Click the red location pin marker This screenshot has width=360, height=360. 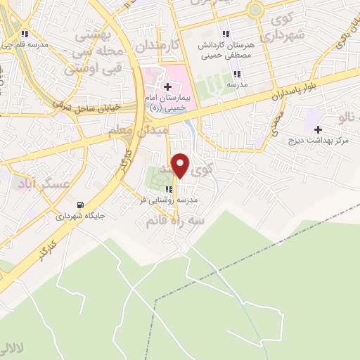coord(181,166)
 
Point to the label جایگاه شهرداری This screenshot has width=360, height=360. coord(82,217)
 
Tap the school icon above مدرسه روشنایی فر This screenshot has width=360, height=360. coord(169,189)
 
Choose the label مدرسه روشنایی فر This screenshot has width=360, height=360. coord(169,200)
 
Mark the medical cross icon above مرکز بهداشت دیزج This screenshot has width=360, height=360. coord(318,129)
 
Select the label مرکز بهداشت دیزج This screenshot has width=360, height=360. coord(319,141)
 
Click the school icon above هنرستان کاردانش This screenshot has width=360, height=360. coord(226,34)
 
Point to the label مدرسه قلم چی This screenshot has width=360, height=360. coord(25,44)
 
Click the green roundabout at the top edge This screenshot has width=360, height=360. coord(255,9)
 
